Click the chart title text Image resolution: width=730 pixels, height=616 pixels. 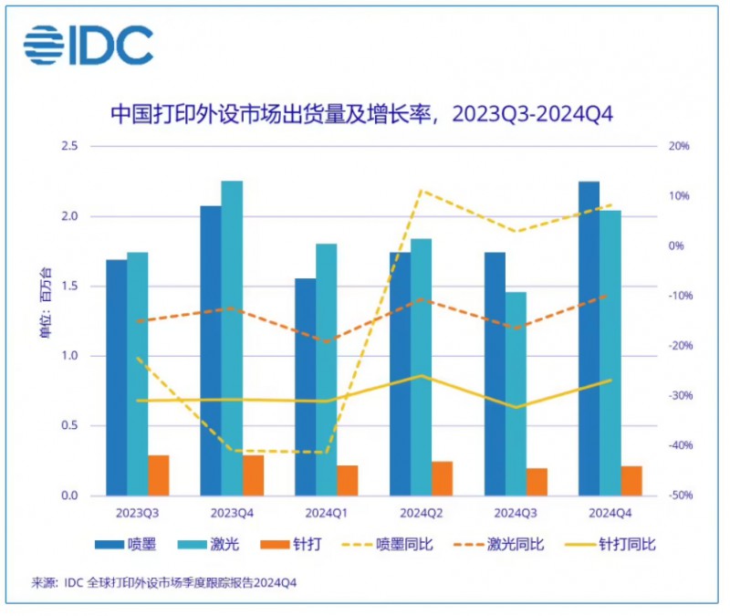[360, 115]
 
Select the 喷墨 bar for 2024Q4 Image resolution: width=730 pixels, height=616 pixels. [589, 339]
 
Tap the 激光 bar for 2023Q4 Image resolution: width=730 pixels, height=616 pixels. [232, 339]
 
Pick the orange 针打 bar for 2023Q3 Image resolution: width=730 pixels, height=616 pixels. [159, 475]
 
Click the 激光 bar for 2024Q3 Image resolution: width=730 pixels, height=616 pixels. [516, 393]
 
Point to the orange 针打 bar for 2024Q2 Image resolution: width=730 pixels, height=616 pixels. [443, 478]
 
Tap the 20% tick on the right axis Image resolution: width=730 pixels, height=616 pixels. [678, 146]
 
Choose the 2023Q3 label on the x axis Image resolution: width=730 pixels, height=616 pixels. [137, 512]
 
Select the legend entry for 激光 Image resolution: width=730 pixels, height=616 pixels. [210, 545]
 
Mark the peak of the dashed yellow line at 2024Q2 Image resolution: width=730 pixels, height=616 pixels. [420, 191]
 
